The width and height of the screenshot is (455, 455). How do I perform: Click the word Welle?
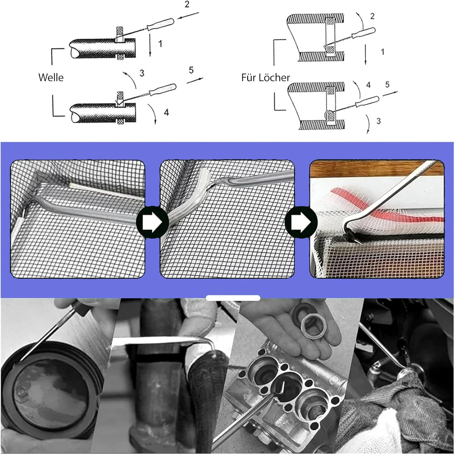point(51,77)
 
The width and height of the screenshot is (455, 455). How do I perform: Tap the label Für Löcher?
point(265,77)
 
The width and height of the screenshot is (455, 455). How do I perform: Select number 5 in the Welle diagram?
point(191,70)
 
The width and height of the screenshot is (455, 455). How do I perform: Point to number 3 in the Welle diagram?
point(142,73)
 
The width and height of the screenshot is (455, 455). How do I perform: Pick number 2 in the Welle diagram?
point(187,4)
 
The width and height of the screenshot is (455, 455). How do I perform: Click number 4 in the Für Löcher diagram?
point(368,85)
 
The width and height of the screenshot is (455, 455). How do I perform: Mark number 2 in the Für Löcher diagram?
point(372,16)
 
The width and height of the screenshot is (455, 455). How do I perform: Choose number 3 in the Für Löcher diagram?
point(379,121)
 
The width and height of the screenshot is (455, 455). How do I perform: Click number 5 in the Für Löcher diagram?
point(387,84)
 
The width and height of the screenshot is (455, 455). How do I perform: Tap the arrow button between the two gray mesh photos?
point(153,222)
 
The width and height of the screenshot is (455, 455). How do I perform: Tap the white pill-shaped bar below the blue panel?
point(233,298)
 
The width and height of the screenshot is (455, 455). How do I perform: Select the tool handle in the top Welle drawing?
point(160,24)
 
